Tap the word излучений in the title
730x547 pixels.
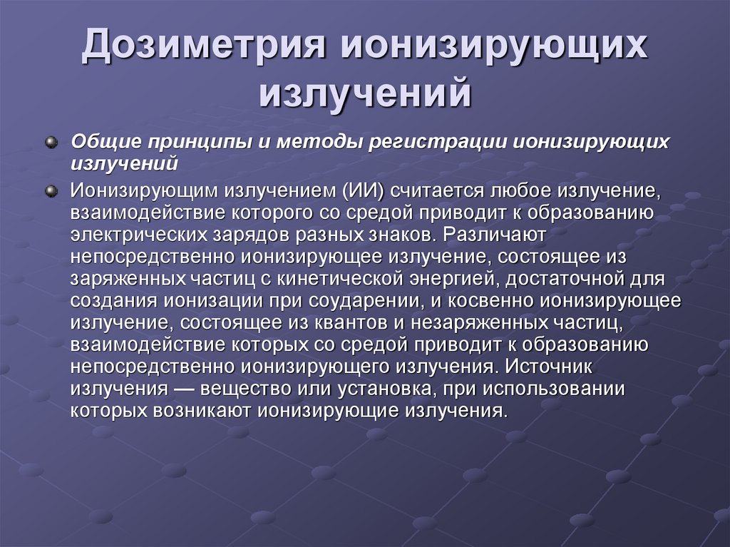364,94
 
